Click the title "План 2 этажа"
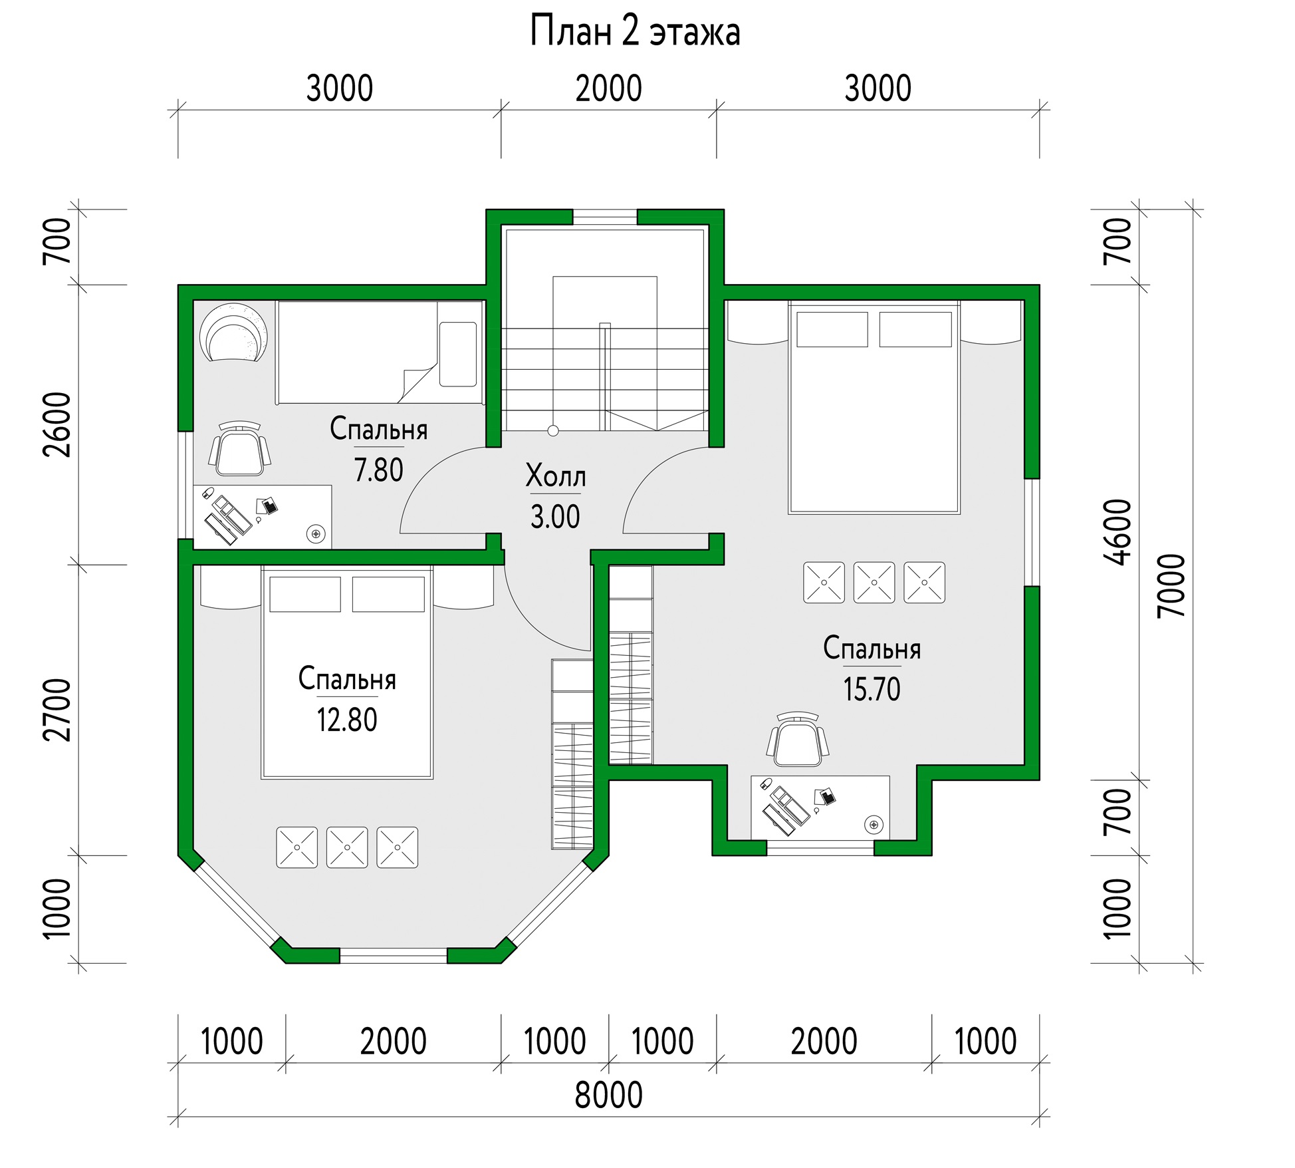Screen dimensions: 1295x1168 (x=635, y=32)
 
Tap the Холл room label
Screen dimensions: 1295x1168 (x=556, y=476)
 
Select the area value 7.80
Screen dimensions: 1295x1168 (x=378, y=470)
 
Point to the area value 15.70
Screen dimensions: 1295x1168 (x=872, y=689)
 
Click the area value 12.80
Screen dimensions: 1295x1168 (x=346, y=720)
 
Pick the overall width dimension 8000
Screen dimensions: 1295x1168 (x=608, y=1095)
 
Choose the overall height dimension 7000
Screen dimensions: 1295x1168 (x=1171, y=586)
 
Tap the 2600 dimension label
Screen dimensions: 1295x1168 (x=57, y=424)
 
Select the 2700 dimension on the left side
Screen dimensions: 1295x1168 (x=57, y=710)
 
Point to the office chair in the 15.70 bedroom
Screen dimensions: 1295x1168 (x=798, y=739)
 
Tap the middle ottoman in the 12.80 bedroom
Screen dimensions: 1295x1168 (x=347, y=847)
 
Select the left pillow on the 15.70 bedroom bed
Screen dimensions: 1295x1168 (x=832, y=329)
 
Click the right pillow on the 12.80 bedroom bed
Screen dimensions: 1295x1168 (x=388, y=594)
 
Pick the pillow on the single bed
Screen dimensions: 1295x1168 (x=458, y=354)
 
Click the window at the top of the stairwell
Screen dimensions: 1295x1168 (x=605, y=217)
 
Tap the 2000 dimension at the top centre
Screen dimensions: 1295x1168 (x=608, y=89)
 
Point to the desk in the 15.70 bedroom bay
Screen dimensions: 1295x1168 (x=820, y=807)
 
